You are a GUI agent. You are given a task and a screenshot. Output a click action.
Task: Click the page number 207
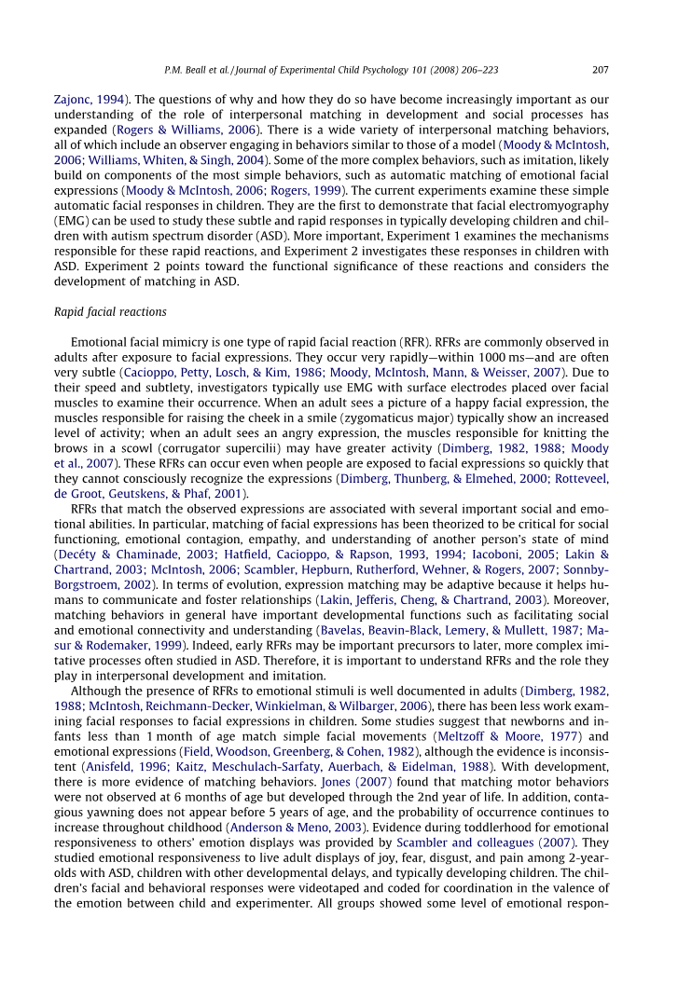click(601, 68)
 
